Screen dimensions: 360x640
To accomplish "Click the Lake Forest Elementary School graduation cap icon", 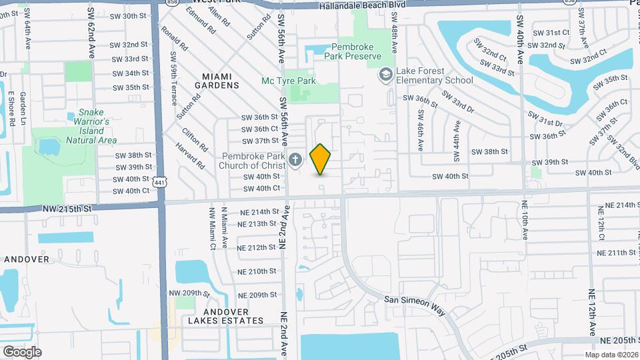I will coord(385,75).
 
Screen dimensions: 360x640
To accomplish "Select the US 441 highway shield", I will coord(159,181).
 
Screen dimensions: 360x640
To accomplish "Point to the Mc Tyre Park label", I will coord(288,81).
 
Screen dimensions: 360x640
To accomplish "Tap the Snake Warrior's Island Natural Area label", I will coord(92,127).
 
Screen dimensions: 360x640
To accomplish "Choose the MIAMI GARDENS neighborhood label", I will coord(217,81).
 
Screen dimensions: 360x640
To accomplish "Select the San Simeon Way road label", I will coord(415,300).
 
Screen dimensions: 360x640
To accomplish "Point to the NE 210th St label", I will coord(257,271).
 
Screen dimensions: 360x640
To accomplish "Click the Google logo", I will coord(22,352).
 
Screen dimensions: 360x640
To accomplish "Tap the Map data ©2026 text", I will coord(611,355).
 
